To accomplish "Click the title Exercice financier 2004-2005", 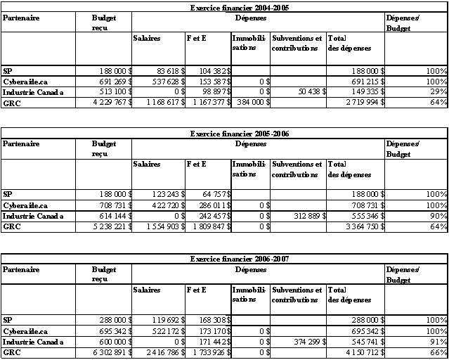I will pyautogui.click(x=240, y=7).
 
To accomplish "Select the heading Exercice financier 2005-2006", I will pyautogui.click(x=240, y=133).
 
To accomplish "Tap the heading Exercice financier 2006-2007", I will pyautogui.click(x=240, y=259).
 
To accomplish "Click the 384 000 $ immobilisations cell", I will pyautogui.click(x=251, y=103).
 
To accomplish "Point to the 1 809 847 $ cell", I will pyautogui.click(x=207, y=229).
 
